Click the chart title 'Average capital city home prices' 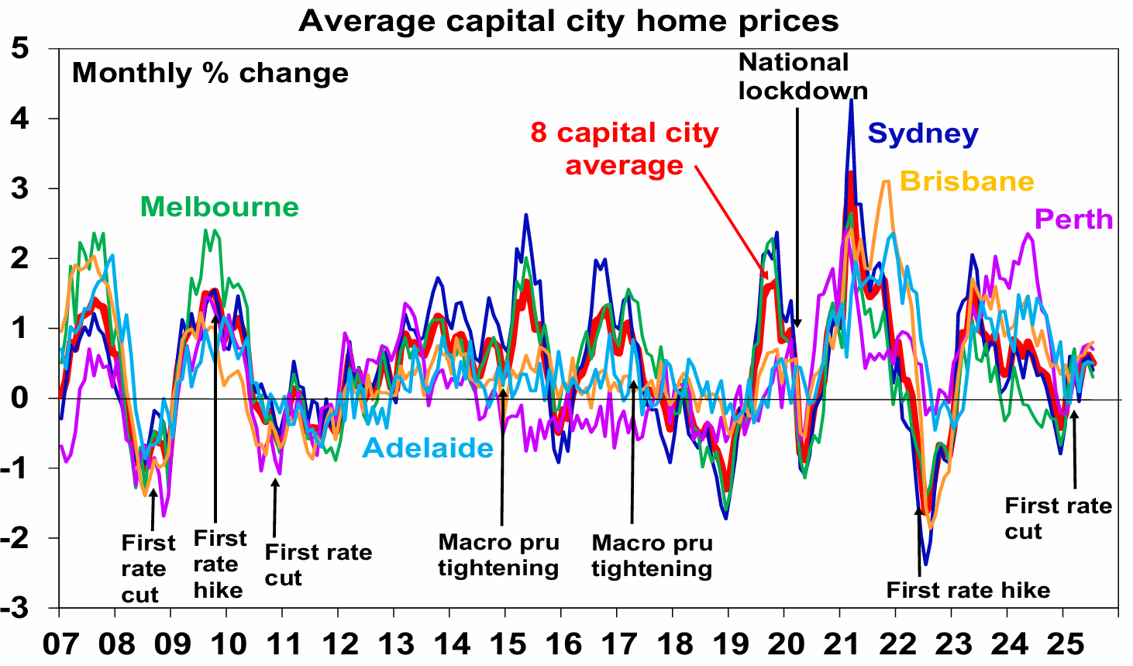coord(568,21)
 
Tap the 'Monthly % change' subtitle coord(210,73)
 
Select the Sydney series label coord(922,133)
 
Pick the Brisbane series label coord(966,181)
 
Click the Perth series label coord(1073,219)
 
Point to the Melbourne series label coord(219,207)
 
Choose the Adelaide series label coord(428,448)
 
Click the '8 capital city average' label coord(625,149)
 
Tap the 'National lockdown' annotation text coord(802,76)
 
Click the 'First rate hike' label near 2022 coord(968,590)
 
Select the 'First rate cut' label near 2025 coord(1058,518)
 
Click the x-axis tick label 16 coord(563,644)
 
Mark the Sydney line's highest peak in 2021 coord(852,100)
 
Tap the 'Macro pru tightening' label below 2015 coord(498,555)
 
